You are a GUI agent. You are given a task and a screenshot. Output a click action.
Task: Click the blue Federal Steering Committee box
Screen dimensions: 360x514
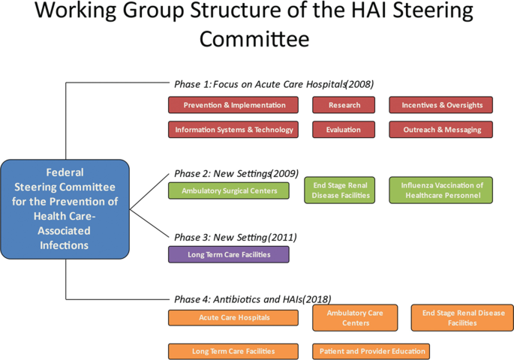tap(65, 208)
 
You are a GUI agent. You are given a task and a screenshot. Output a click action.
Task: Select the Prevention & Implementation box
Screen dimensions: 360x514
tap(234, 106)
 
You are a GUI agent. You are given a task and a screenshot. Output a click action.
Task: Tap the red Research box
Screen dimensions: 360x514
tap(344, 106)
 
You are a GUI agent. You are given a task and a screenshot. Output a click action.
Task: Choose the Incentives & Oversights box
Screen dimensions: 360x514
tap(441, 106)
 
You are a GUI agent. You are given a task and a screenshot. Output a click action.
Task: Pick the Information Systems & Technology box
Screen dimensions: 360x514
tap(234, 130)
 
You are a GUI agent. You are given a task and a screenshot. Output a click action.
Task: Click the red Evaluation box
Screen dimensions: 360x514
tap(344, 130)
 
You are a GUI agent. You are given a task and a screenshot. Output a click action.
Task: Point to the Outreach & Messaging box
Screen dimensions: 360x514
tap(441, 130)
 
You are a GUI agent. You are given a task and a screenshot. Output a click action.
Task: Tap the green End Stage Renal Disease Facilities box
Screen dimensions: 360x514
tap(341, 190)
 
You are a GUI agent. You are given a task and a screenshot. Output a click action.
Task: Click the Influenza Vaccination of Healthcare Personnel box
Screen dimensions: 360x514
tap(441, 190)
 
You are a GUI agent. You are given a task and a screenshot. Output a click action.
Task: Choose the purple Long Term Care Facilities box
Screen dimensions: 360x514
tap(229, 254)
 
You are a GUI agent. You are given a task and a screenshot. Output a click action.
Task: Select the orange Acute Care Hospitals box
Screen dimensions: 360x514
tap(234, 318)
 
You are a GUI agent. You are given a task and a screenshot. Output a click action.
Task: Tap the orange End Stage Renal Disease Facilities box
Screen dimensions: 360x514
tap(463, 317)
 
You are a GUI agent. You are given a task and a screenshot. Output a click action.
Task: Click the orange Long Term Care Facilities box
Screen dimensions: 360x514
tap(234, 351)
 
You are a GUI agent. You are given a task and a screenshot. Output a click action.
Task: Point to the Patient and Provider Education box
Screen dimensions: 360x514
tap(371, 351)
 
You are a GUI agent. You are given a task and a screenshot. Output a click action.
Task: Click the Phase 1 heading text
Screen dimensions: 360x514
tap(273, 84)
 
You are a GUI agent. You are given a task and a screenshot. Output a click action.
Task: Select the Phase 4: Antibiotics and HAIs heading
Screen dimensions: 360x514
tap(252, 298)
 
